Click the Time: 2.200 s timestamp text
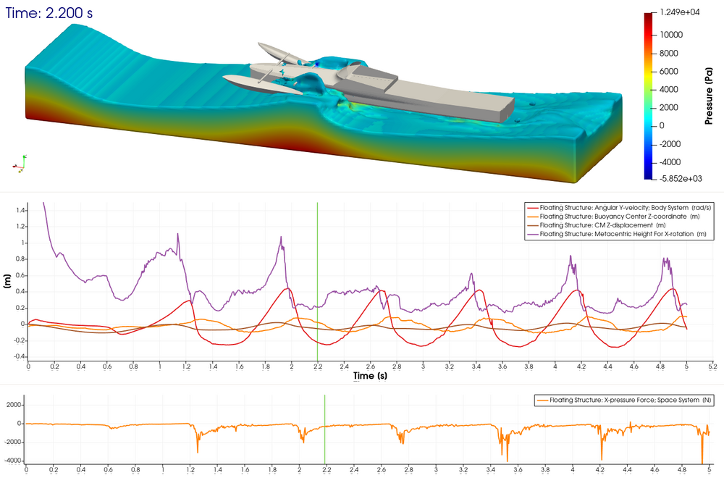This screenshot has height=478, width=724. pos(49,13)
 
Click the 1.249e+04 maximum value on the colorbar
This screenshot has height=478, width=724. pos(680,12)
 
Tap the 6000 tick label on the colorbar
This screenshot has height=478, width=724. pos(668,71)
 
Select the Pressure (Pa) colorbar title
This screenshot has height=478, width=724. pos(709,96)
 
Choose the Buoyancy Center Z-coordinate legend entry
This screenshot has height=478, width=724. pos(613,217)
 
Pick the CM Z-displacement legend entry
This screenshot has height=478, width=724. pos(597,225)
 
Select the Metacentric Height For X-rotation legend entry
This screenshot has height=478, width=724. pos(617,234)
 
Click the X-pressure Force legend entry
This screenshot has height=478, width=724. pos(624,400)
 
